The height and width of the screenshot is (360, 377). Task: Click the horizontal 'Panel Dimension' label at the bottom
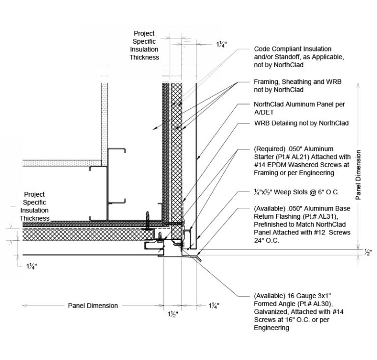pos(93,306)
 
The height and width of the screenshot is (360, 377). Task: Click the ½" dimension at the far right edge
pos(368,252)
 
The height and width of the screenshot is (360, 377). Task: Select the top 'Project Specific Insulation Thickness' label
pos(144,46)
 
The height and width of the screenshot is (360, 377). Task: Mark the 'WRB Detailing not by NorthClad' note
pos(301,123)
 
